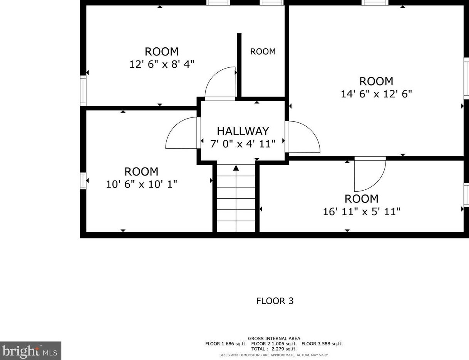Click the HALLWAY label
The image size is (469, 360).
(x=243, y=131)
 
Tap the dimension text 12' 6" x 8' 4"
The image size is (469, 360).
(x=161, y=64)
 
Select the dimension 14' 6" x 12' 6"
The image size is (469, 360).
(x=376, y=94)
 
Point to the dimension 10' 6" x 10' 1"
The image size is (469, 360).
(x=141, y=184)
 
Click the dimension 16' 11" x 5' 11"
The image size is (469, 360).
(x=361, y=211)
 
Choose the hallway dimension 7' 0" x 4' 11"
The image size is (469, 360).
(x=243, y=144)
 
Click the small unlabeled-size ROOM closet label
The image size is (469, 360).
(x=263, y=52)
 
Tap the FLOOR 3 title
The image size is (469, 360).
(x=275, y=301)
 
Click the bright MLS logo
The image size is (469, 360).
(x=30, y=351)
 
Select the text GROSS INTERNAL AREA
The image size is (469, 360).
(x=274, y=339)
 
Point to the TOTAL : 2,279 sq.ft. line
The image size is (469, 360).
(x=274, y=349)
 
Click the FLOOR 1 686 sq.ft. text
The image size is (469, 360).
(x=226, y=344)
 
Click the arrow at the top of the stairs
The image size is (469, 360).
(x=236, y=168)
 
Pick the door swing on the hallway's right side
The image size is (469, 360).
(x=303, y=137)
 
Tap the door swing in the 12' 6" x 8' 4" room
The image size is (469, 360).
(x=221, y=84)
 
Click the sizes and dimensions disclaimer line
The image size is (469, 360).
(x=274, y=355)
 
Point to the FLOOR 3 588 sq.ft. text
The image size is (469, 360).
(x=322, y=344)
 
